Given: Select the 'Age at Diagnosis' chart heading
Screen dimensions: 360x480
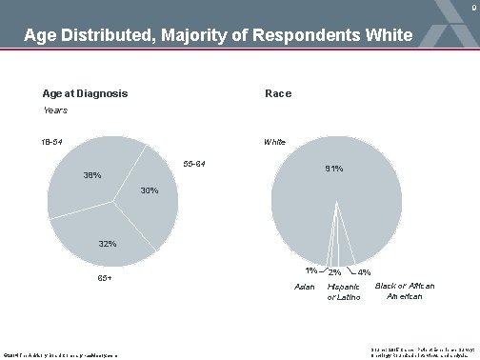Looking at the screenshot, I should pyautogui.click(x=85, y=93).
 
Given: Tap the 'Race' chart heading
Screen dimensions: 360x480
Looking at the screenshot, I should pyautogui.click(x=278, y=93).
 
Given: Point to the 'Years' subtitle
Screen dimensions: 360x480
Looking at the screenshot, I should pyautogui.click(x=55, y=110).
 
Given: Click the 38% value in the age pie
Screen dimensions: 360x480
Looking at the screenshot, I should pyautogui.click(x=92, y=175).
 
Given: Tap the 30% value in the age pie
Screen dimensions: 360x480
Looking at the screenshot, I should pyautogui.click(x=150, y=190).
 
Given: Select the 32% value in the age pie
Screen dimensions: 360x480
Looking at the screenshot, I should pyautogui.click(x=108, y=244).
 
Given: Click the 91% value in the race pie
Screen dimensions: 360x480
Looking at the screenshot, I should pyautogui.click(x=334, y=170).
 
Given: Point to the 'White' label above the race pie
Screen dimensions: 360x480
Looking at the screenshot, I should pyautogui.click(x=275, y=142).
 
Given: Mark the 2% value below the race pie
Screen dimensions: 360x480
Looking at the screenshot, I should pyautogui.click(x=334, y=273).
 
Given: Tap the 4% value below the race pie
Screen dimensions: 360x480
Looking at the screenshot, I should pyautogui.click(x=364, y=272).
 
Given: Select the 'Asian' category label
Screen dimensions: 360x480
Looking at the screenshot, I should pyautogui.click(x=305, y=286).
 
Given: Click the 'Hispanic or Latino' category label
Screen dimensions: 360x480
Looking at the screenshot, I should pyautogui.click(x=344, y=291).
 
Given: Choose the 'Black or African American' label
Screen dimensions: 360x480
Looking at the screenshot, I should pyautogui.click(x=403, y=290).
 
